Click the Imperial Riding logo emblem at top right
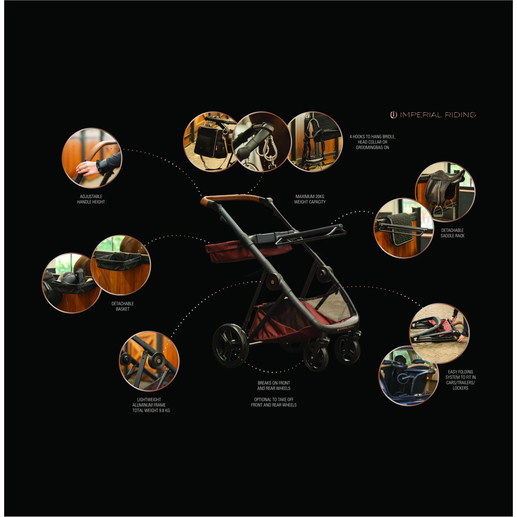point(393,115)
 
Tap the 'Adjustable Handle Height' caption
point(91,199)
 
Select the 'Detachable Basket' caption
point(123,306)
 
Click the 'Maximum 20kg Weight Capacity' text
point(310,199)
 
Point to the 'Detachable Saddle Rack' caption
point(452,233)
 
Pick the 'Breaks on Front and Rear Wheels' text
point(274,386)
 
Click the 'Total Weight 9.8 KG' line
point(151,410)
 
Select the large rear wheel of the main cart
point(230,346)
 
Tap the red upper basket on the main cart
point(248,250)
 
